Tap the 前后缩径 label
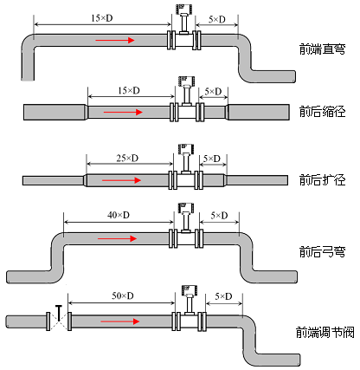[x=318, y=112]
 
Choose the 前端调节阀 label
[x=322, y=331]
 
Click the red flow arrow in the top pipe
[x=115, y=40]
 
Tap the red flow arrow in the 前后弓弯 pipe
[x=116, y=238]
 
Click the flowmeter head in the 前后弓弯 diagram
[x=184, y=210]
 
